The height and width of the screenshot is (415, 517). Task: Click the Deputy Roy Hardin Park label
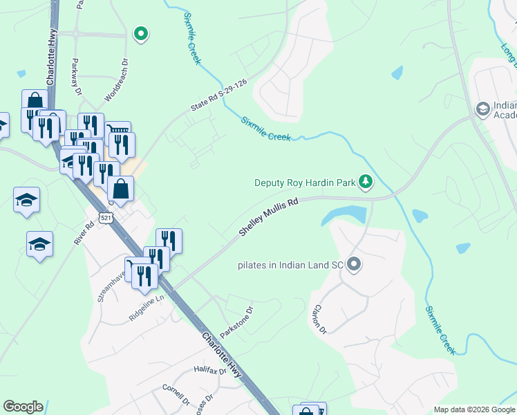(305, 183)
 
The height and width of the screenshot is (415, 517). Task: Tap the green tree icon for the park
(366, 183)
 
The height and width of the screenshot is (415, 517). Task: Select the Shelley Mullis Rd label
(268, 217)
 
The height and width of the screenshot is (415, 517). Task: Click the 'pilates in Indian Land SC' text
(290, 265)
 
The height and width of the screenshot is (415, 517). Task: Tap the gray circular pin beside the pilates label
(355, 264)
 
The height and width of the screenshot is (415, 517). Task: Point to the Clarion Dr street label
(319, 319)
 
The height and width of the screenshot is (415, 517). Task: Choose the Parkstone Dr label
(237, 322)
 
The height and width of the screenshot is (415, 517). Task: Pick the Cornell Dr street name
(176, 396)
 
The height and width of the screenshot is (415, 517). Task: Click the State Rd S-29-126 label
(218, 94)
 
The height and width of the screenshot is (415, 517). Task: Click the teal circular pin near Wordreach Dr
(141, 33)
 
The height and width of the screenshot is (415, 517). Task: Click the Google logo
(23, 407)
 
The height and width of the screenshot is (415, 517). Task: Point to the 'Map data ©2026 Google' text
(473, 409)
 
